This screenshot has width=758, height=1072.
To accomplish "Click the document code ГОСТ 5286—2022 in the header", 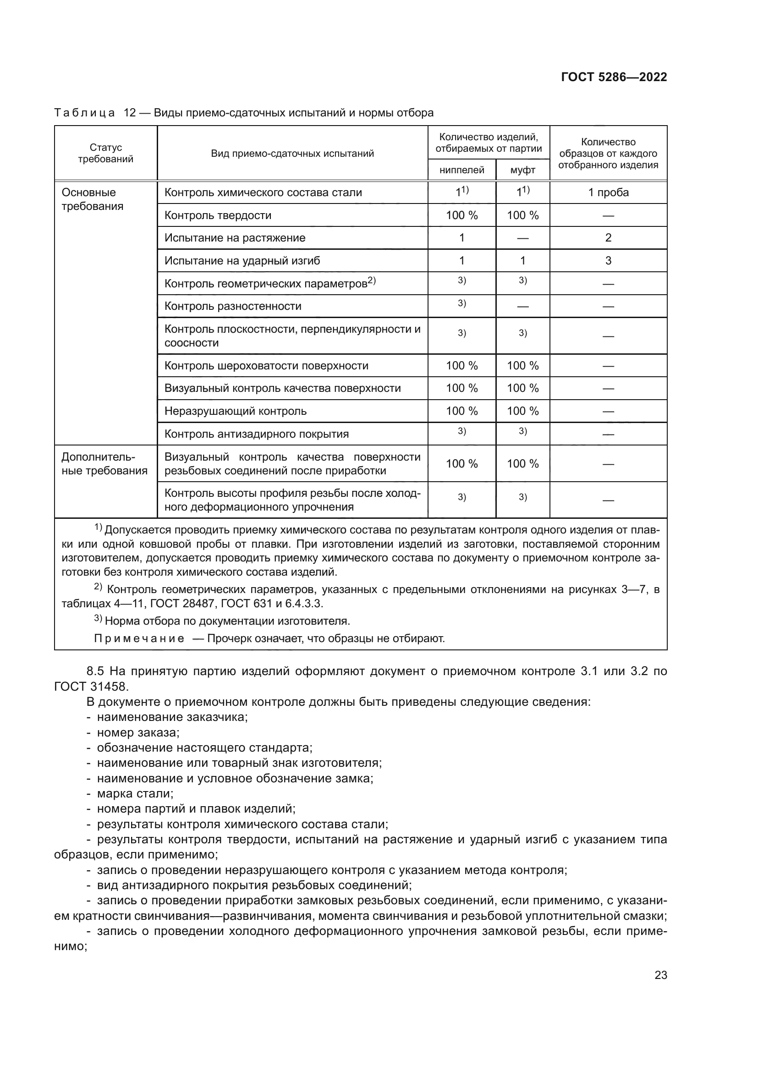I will (x=613, y=77).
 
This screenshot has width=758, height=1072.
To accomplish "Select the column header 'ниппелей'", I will (x=461, y=170).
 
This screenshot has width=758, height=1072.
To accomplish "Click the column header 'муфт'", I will (x=522, y=170).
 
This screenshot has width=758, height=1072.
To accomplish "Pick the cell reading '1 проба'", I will (x=608, y=192).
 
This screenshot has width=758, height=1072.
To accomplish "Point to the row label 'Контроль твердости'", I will (x=218, y=215).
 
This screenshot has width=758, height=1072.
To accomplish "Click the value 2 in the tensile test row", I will (x=608, y=238).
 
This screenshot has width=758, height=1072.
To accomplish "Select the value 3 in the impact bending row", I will (x=608, y=260).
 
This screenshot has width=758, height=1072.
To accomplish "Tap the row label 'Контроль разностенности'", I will (x=232, y=306).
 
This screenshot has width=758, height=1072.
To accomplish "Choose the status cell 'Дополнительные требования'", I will (x=104, y=464).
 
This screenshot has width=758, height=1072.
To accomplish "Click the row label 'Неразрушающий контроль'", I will (x=235, y=411).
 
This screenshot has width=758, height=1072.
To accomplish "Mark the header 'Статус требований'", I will (x=105, y=153).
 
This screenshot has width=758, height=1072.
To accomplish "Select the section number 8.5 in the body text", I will (x=95, y=671).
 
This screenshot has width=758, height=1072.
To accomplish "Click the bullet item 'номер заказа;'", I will (x=137, y=732).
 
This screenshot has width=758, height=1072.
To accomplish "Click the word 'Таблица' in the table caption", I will (x=84, y=113).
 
